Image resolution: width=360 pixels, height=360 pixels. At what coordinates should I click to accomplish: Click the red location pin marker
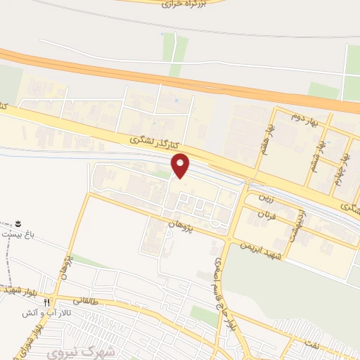point(181,165)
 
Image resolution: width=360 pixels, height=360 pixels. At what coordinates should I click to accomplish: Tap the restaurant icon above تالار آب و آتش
point(46,301)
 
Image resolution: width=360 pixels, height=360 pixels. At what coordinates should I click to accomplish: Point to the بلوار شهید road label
point(15,290)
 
